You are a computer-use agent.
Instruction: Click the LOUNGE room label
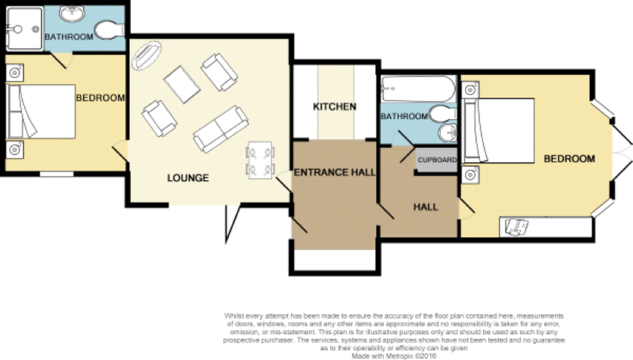pyautogui.click(x=188, y=178)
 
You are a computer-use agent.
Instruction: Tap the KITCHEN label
pyautogui.click(x=334, y=107)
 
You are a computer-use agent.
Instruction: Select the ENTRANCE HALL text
pyautogui.click(x=334, y=172)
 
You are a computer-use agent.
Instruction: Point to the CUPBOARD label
pyautogui.click(x=437, y=160)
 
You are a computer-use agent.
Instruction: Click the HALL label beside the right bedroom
pyautogui.click(x=425, y=207)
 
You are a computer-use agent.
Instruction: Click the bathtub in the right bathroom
pyautogui.click(x=418, y=89)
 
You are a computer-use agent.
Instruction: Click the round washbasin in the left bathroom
pyautogui.click(x=72, y=13)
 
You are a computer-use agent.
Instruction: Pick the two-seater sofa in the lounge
pyautogui.click(x=221, y=129)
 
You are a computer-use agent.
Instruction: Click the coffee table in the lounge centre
pyautogui.click(x=182, y=84)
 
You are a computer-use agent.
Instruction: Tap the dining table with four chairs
pyautogui.click(x=260, y=160)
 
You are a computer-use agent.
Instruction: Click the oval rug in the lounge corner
pyautogui.click(x=146, y=55)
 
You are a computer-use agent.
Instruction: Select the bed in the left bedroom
pyautogui.click(x=41, y=111)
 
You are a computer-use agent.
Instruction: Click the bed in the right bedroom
pyautogui.click(x=499, y=130)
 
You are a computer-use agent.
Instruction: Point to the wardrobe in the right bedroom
pyautogui.click(x=545, y=227)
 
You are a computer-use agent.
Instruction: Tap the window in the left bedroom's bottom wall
pyautogui.click(x=57, y=174)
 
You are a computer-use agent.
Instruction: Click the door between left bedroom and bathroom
pyautogui.click(x=61, y=60)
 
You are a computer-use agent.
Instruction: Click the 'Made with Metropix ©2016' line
pyautogui.click(x=394, y=356)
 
